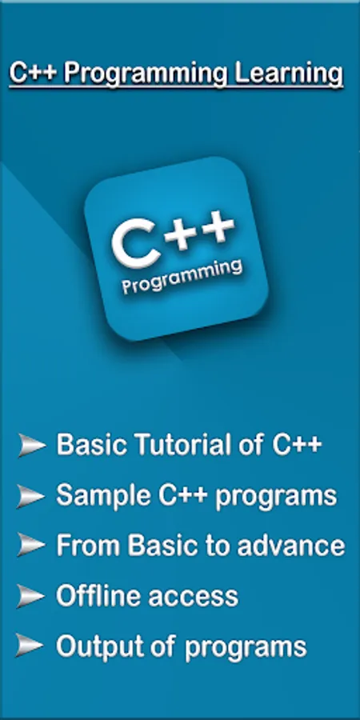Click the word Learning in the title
point(289,74)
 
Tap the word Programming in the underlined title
point(146,75)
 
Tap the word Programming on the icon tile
point(182,278)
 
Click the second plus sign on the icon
point(216,226)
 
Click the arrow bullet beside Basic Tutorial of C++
point(32,445)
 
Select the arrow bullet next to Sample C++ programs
point(31,496)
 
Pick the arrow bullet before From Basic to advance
point(31,546)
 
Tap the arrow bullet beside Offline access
point(30,596)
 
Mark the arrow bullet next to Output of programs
point(30,646)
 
